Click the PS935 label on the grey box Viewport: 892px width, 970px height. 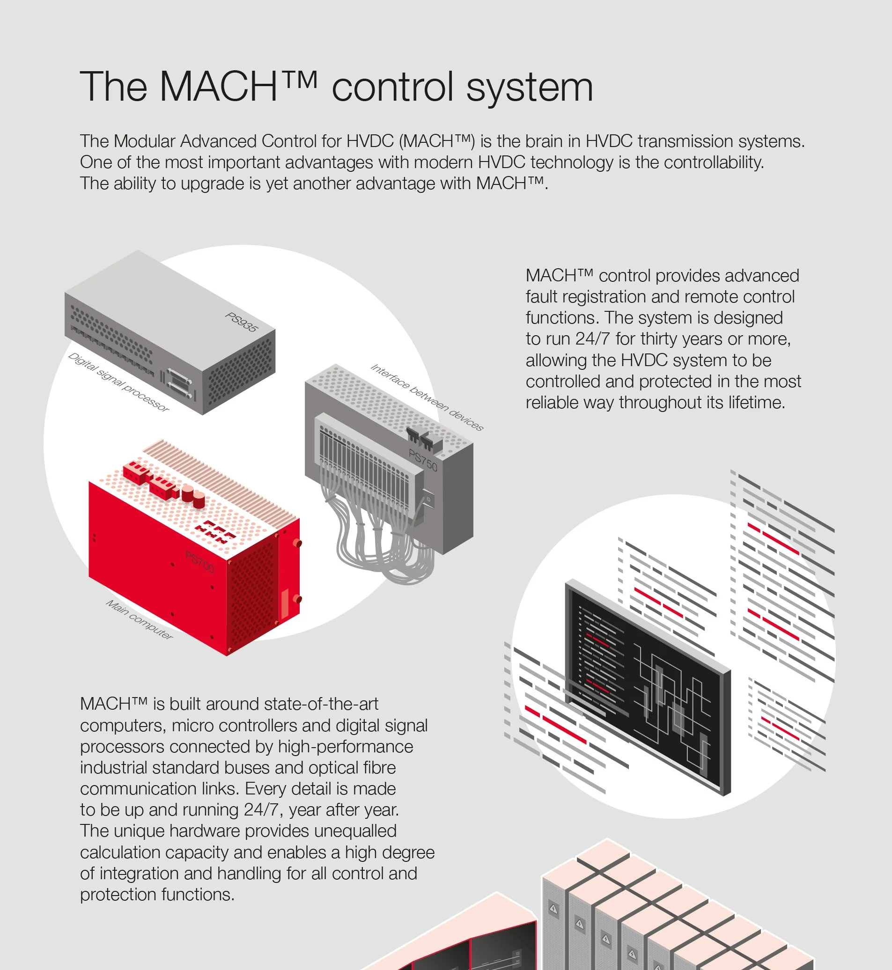click(x=242, y=322)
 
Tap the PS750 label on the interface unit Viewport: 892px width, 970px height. click(x=423, y=460)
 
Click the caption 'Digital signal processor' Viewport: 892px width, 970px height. click(x=119, y=382)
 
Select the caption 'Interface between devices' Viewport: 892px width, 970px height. click(x=427, y=397)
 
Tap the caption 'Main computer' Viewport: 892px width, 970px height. click(x=140, y=619)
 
